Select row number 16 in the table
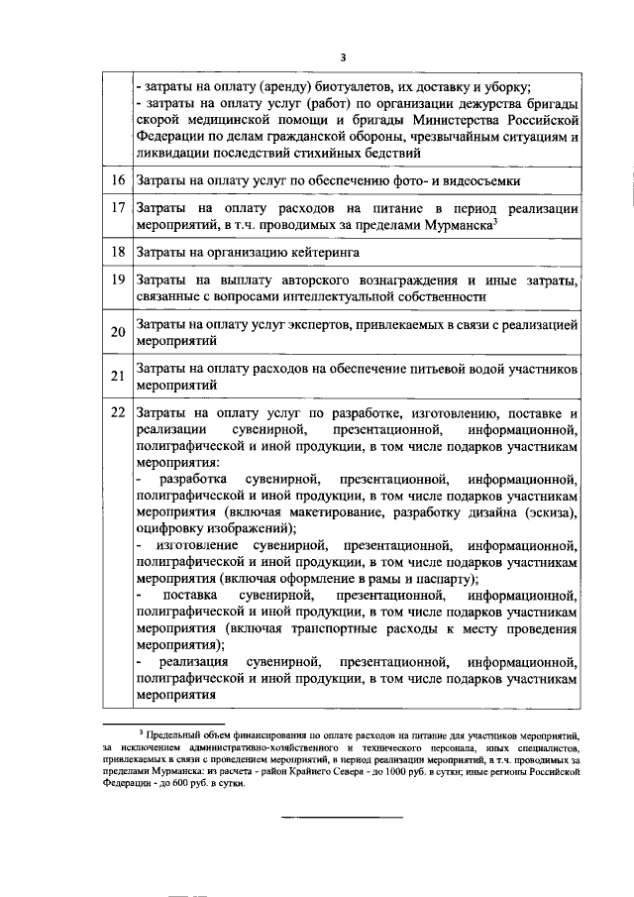[118, 180]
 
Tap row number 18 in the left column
[118, 252]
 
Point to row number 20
[118, 332]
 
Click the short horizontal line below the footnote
[343, 817]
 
